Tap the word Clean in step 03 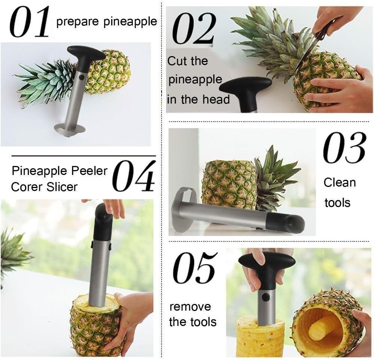340,183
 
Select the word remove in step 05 190,307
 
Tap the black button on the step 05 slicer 266,297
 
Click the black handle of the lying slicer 286,223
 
